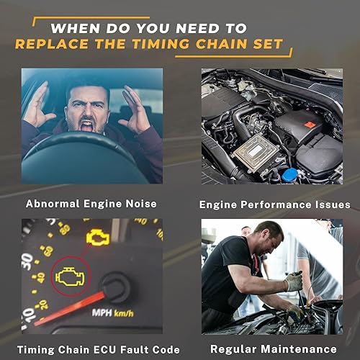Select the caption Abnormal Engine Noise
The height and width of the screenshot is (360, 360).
click(91, 204)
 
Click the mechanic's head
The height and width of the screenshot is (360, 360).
click(265, 236)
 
